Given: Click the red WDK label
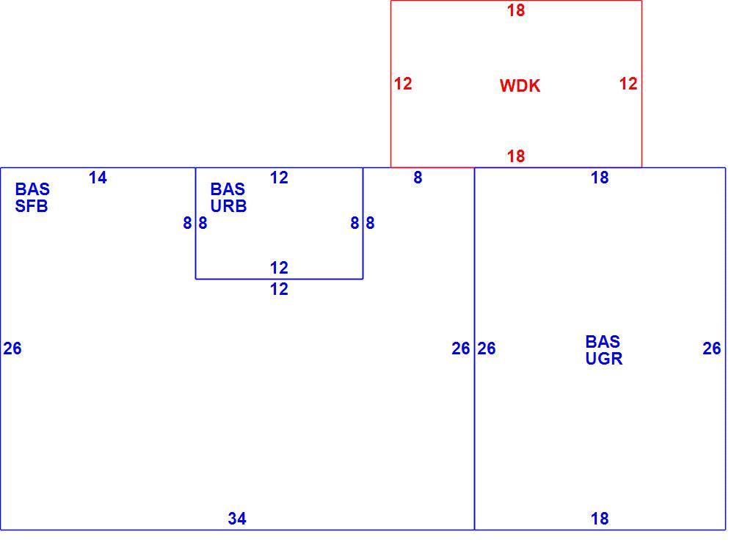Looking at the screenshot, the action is [520, 86].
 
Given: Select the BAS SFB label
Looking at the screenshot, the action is [32, 197].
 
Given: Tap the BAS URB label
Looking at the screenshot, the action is [228, 197].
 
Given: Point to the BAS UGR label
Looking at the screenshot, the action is [603, 350].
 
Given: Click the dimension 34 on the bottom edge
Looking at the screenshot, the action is [237, 519].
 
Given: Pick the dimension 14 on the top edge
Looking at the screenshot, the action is [98, 178].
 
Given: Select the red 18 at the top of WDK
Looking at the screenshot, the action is [516, 10].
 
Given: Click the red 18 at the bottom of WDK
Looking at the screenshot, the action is [516, 156].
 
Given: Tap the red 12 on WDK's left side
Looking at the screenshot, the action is [402, 84].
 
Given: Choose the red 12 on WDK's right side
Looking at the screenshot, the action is [628, 84].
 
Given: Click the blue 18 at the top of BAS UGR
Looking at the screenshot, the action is [600, 178].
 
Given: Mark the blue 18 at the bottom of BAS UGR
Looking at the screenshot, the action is [600, 519].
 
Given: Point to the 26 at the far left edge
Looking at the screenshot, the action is [12, 348].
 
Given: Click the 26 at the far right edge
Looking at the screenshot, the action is [711, 348].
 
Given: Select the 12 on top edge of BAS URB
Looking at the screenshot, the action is [279, 178].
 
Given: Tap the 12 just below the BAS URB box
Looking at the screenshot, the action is [279, 289].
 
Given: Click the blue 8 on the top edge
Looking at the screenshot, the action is [418, 178].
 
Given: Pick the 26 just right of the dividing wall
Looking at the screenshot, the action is [487, 348].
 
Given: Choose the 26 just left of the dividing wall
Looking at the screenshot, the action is [461, 348].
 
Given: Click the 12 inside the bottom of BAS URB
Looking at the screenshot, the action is [279, 268].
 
